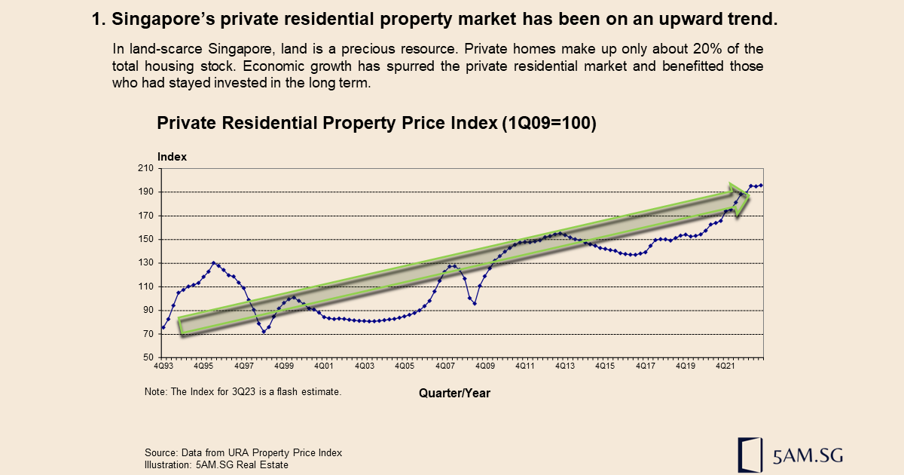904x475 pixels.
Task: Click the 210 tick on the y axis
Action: pyautogui.click(x=145, y=169)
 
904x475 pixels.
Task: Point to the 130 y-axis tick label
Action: pyautogui.click(x=145, y=263)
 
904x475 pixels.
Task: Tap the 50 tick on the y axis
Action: pyautogui.click(x=148, y=357)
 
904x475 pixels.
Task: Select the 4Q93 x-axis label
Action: pyautogui.click(x=164, y=366)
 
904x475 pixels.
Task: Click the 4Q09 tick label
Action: pyautogui.click(x=484, y=366)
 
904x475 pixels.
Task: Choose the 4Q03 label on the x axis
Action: pyautogui.click(x=364, y=366)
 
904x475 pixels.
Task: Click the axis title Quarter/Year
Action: pyautogui.click(x=454, y=393)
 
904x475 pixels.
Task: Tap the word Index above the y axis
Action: pyautogui.click(x=172, y=157)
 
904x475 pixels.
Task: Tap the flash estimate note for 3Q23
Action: pyautogui.click(x=243, y=392)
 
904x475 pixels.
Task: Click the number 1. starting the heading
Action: pyautogui.click(x=98, y=21)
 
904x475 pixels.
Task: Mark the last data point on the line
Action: pyautogui.click(x=762, y=185)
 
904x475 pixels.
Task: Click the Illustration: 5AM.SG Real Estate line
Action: pyautogui.click(x=216, y=464)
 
